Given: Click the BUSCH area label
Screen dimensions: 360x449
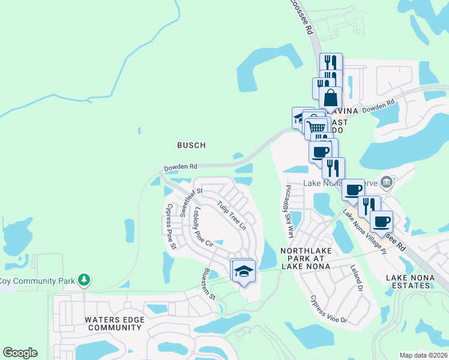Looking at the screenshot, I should [x=191, y=145].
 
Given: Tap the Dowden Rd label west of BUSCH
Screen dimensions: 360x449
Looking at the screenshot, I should [x=181, y=167].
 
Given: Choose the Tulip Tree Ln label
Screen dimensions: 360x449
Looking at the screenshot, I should [x=232, y=215].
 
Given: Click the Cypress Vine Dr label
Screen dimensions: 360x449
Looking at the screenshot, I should [x=328, y=309].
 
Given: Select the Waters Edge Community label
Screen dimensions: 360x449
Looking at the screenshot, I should [x=114, y=323].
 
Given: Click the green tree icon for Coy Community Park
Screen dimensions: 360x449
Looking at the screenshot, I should [x=85, y=280].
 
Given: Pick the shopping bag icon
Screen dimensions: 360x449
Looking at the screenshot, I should [x=330, y=97].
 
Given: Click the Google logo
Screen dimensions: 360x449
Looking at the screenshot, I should [x=20, y=353].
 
